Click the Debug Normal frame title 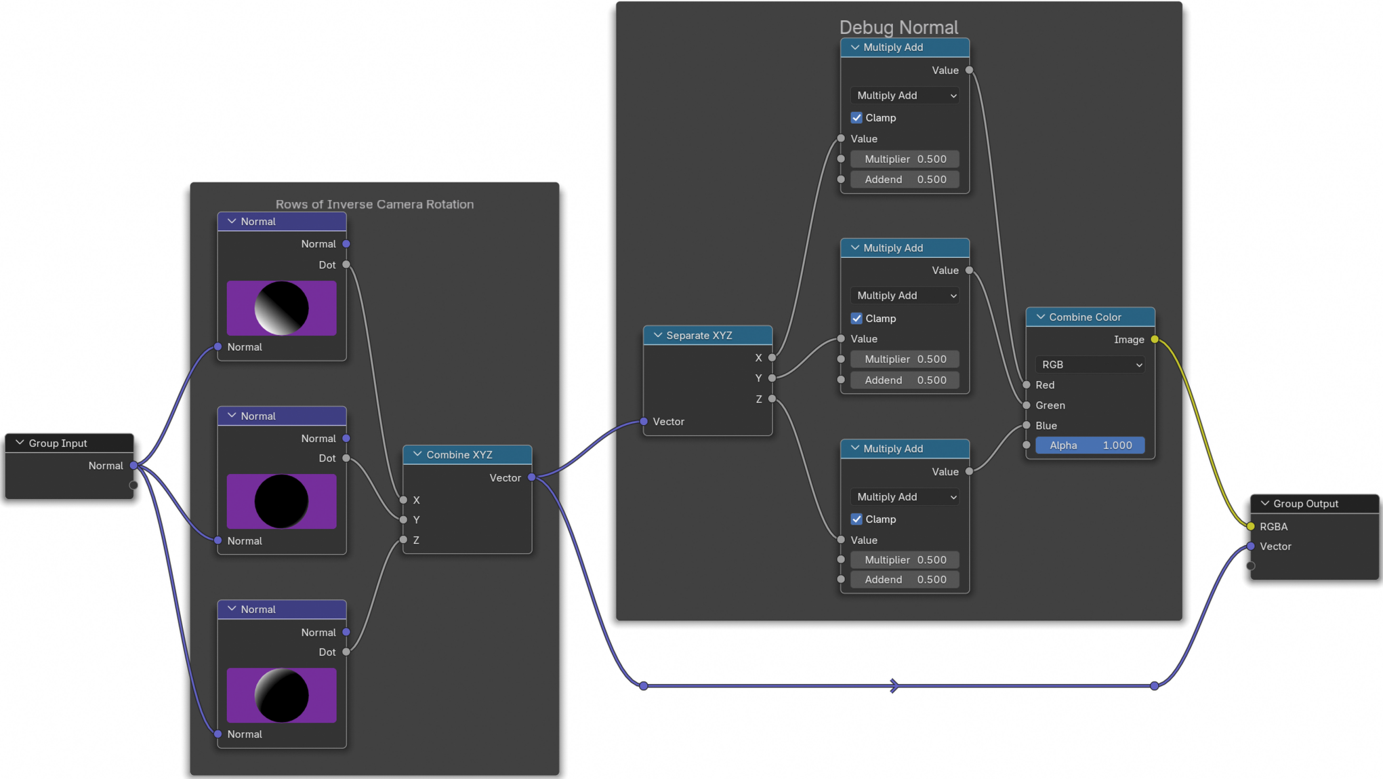899,27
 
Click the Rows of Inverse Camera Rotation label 374,204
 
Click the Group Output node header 1313,503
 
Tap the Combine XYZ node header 467,454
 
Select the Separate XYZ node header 707,335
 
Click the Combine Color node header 1090,317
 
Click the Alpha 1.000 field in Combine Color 1090,445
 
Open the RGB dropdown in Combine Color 1090,365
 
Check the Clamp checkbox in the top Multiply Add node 856,118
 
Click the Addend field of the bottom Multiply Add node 905,580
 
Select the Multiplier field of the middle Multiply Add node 905,359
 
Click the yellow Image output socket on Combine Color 1155,340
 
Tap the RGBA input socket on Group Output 1251,526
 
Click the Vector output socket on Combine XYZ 532,477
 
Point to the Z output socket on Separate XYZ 772,399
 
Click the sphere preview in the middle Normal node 281,502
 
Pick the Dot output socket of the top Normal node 346,264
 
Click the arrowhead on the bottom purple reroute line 894,686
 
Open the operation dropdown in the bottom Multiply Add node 905,497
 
